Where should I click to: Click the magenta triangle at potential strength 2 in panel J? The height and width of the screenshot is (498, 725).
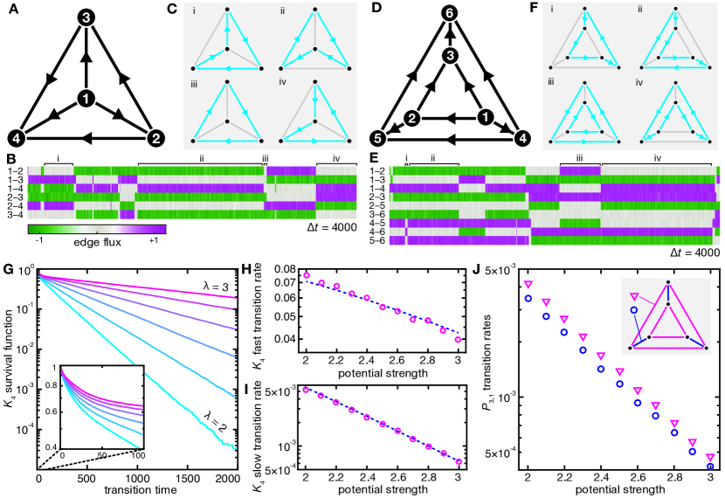tap(527, 285)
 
